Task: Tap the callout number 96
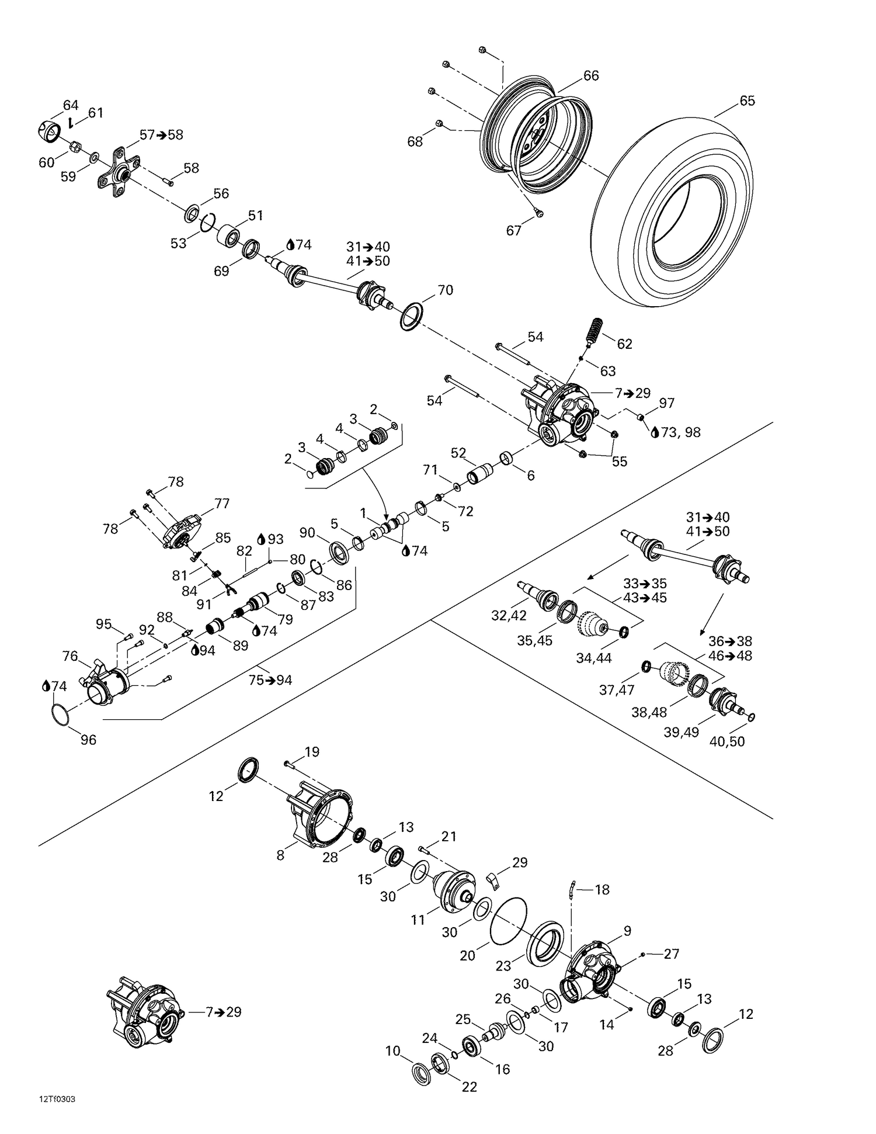[x=88, y=740]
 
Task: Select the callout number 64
[x=71, y=105]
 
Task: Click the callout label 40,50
[x=727, y=741]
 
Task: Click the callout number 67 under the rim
[x=513, y=231]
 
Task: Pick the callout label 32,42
[x=509, y=615]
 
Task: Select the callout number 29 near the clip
[x=520, y=862]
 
